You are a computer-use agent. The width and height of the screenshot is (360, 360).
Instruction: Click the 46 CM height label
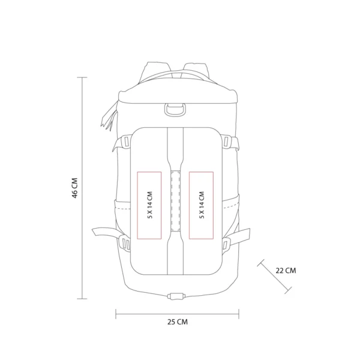[x=75, y=188]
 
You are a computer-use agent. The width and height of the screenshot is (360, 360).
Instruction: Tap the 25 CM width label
[x=178, y=322]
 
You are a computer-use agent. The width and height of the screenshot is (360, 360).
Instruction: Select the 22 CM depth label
[x=286, y=270]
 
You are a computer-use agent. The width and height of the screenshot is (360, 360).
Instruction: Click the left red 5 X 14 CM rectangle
[x=149, y=205]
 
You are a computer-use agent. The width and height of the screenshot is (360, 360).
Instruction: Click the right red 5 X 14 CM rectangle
[x=201, y=205]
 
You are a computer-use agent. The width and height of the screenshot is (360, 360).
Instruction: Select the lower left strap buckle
[x=125, y=242]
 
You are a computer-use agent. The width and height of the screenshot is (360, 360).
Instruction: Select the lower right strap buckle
[x=228, y=242]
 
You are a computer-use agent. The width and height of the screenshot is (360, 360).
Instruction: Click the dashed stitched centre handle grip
[x=176, y=200]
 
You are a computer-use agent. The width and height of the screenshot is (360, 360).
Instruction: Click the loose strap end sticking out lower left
[x=102, y=233]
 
